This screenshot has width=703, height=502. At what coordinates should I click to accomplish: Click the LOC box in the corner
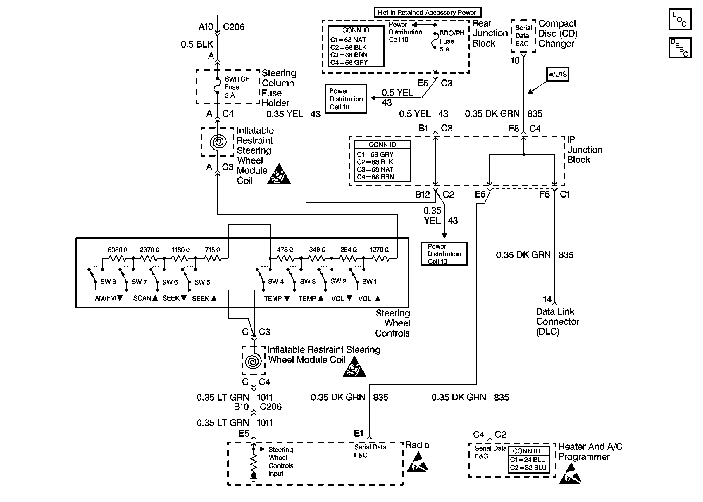(x=680, y=19)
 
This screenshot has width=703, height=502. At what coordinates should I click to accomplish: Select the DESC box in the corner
(x=680, y=48)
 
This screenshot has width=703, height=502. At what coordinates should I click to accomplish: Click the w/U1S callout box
(x=557, y=74)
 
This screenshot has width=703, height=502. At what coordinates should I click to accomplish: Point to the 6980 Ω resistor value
(x=117, y=250)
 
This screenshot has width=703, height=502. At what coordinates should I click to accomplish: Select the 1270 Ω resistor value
(x=379, y=250)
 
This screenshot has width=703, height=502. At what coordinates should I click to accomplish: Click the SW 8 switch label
(x=108, y=282)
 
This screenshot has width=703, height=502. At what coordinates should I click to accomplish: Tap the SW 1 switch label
(x=369, y=282)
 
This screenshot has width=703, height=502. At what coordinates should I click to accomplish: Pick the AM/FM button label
(x=108, y=298)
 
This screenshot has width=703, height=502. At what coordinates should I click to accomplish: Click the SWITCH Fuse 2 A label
(x=236, y=87)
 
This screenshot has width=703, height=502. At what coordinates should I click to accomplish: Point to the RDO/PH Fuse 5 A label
(x=451, y=41)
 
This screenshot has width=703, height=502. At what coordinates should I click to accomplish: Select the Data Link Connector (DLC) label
(x=557, y=321)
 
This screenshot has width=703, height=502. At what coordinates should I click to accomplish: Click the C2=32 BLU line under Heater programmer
(x=528, y=468)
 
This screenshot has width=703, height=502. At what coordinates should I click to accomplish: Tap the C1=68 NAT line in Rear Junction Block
(x=348, y=40)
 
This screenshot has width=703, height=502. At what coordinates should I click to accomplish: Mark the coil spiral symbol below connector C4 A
(x=218, y=142)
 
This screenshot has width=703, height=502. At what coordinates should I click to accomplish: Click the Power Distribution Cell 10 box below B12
(x=444, y=254)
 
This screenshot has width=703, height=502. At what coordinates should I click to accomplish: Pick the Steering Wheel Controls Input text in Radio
(x=280, y=461)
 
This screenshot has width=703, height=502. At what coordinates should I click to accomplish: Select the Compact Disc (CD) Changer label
(x=558, y=33)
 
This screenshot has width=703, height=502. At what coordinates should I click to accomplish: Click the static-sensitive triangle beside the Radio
(x=417, y=463)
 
